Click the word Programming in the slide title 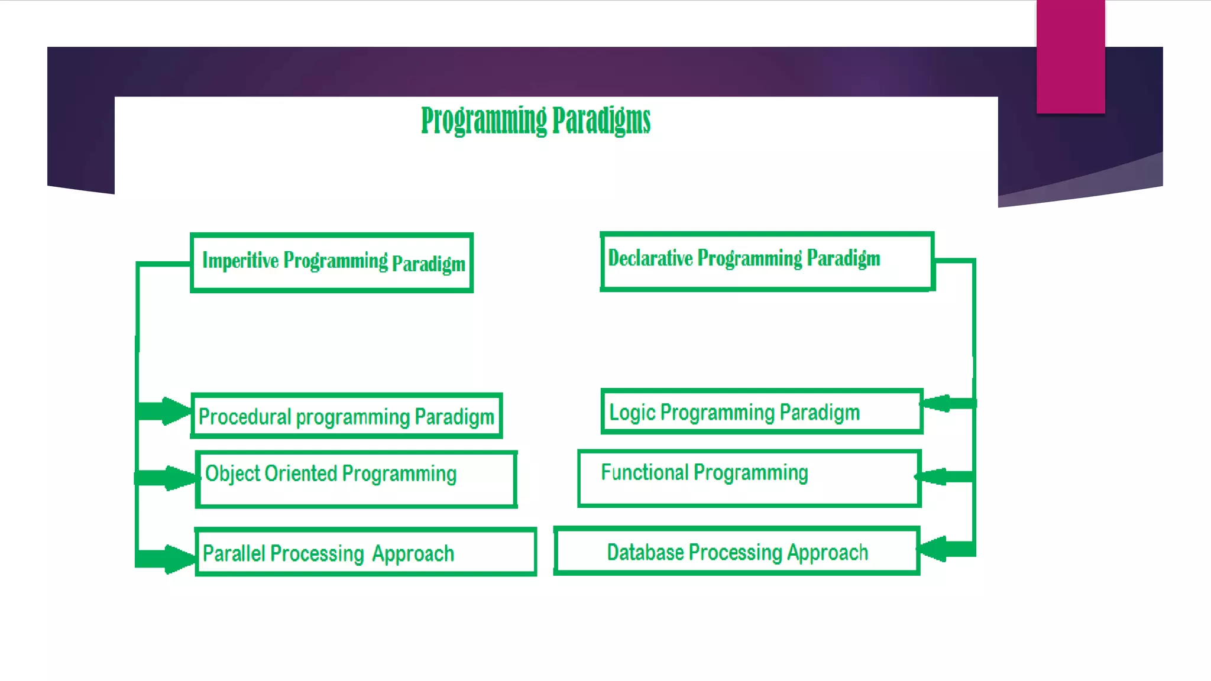(484, 121)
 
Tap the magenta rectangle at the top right (1070, 56)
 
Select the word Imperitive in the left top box (240, 260)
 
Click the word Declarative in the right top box (650, 258)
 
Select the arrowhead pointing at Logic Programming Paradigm (937, 404)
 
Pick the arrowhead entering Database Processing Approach (934, 549)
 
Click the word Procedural (245, 417)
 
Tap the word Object (232, 474)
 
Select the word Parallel (234, 554)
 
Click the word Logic (632, 413)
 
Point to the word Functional (645, 472)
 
